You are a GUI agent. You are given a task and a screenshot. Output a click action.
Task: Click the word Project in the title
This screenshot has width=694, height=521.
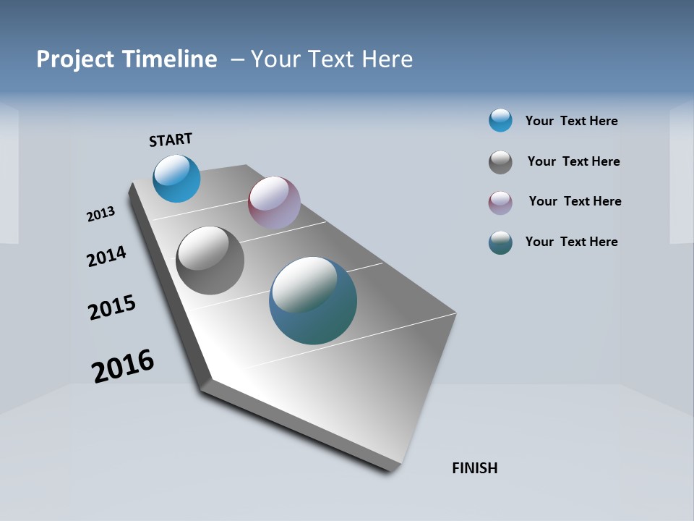coord(74,59)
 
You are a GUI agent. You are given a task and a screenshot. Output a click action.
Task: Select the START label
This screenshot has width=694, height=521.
coord(171,140)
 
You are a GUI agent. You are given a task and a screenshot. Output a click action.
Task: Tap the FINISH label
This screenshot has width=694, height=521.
coord(474,468)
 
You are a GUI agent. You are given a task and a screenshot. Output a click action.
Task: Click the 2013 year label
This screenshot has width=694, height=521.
coord(100,214)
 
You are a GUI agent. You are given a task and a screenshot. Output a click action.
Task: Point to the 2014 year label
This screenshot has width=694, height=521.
coord(106,256)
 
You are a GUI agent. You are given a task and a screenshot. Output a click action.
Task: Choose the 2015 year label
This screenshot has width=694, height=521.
coord(112,308)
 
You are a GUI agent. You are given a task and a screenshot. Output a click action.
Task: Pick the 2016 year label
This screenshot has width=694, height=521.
coord(123,365)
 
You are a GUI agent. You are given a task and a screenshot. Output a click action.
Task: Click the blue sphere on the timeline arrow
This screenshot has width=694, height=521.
coord(176,179)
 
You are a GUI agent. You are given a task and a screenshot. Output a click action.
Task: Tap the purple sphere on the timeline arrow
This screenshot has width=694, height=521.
coord(274,203)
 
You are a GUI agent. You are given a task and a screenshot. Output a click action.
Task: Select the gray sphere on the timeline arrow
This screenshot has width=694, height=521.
coord(210,260)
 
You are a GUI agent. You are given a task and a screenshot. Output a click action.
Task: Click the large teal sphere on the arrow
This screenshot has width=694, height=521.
coord(313,300)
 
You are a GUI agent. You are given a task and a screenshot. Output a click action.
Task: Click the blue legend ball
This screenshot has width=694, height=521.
coord(500,120)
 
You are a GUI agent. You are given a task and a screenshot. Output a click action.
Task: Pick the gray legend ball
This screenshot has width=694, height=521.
coord(500,162)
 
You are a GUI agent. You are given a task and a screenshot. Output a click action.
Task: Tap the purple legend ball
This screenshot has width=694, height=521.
coord(500,203)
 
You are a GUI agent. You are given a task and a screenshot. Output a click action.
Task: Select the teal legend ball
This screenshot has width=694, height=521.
coord(500,242)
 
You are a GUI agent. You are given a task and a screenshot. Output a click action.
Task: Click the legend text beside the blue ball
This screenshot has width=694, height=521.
coord(571,121)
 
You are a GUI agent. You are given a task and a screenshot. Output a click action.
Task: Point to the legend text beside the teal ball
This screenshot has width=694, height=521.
coord(571,242)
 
